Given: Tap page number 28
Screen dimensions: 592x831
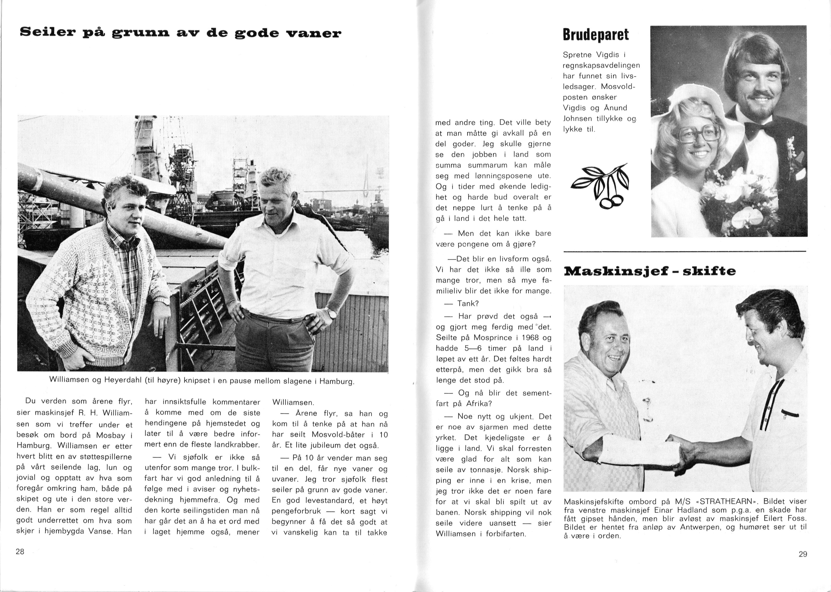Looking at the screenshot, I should click(20, 552).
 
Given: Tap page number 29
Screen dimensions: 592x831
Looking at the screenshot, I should click(803, 554).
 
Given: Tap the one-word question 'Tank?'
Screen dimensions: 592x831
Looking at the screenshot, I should click(468, 303).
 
